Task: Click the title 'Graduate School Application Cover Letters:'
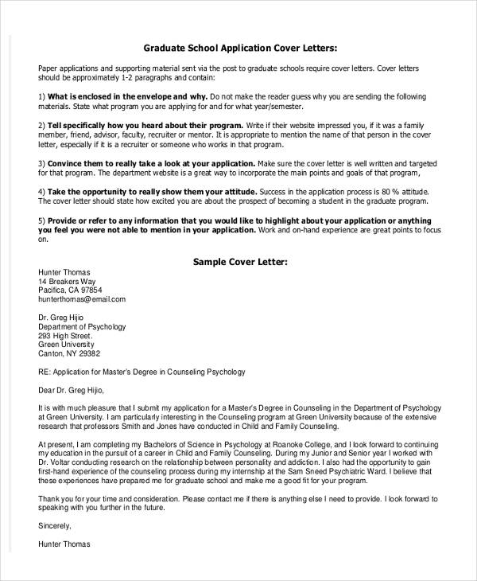coord(239,46)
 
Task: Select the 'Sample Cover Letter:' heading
coord(239,260)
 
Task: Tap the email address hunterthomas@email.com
coord(82,300)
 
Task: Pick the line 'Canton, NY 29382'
coord(69,353)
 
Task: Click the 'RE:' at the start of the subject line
coord(45,372)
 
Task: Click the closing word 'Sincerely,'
coord(55,525)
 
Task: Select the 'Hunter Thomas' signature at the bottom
coord(64,544)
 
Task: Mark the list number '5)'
coord(42,220)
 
